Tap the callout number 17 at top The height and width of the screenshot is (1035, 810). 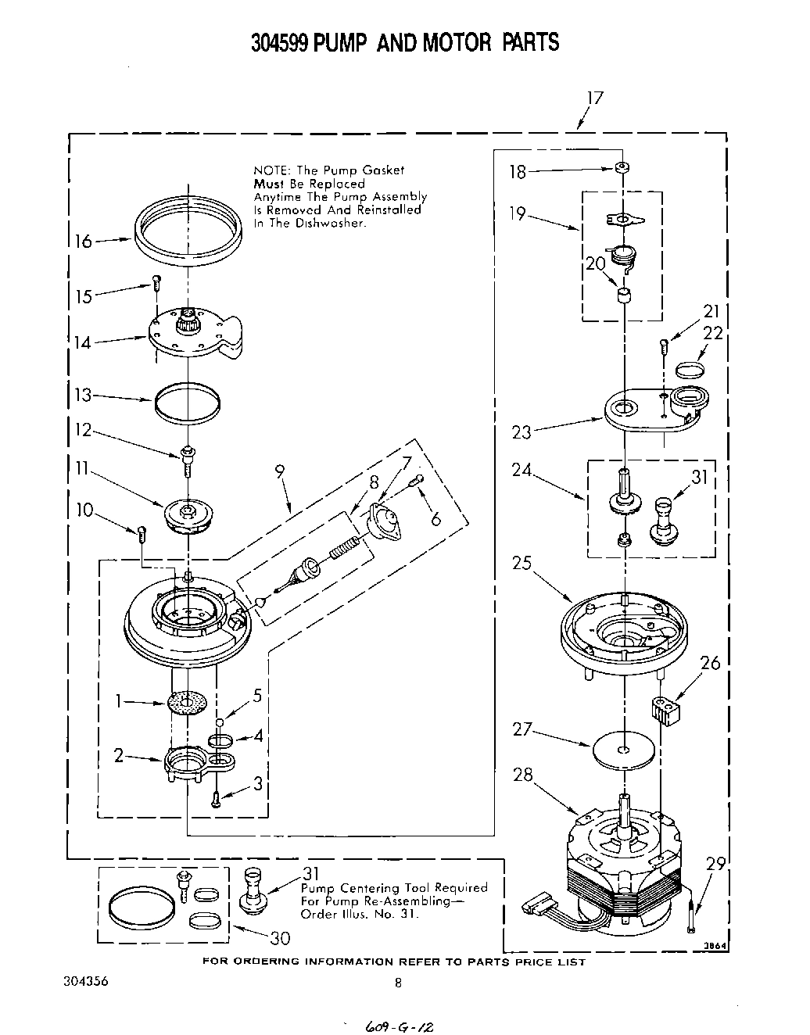595,98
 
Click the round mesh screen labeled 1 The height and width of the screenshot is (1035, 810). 188,701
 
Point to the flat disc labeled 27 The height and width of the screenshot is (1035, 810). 623,750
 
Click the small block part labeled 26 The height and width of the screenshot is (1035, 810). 662,711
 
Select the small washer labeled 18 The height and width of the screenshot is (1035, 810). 622,167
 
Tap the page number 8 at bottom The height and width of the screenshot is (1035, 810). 398,983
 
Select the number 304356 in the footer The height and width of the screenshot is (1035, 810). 82,981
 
